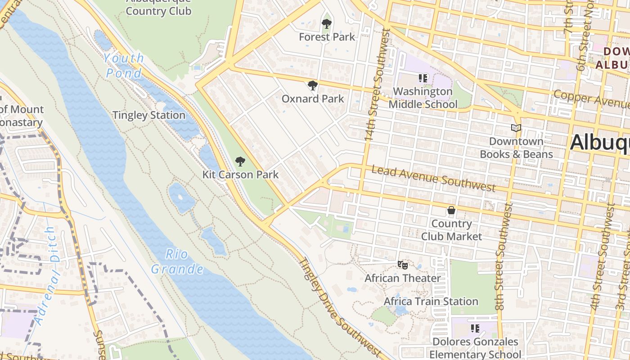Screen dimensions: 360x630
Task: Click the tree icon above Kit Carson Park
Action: [240, 162]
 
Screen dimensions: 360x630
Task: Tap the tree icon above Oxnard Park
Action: [312, 85]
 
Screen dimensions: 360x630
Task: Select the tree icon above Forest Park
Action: [327, 24]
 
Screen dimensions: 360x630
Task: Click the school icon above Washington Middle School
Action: [423, 78]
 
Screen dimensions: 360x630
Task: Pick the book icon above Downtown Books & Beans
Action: [516, 128]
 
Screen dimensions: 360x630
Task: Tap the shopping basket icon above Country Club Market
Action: [451, 210]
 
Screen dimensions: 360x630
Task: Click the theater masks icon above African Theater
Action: [402, 265]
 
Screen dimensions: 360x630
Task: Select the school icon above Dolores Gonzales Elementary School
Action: [475, 328]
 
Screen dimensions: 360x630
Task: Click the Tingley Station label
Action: [149, 115]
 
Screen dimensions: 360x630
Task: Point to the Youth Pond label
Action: [123, 66]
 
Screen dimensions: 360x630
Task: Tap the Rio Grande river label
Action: [177, 261]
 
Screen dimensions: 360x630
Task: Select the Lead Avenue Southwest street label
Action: [433, 178]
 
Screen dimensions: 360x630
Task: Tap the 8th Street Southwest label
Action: [504, 256]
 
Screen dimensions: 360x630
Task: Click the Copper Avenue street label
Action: [591, 99]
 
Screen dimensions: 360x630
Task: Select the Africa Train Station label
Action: [431, 301]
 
